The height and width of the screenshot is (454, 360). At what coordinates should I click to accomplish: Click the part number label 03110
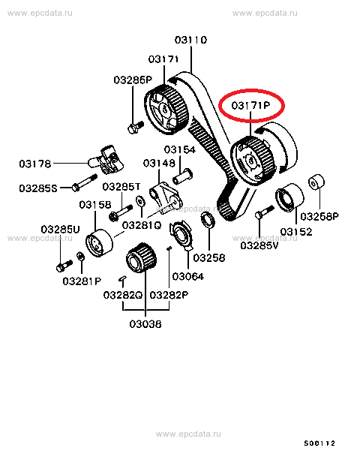tap(190, 40)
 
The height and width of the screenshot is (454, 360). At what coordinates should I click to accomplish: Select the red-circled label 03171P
tap(250, 105)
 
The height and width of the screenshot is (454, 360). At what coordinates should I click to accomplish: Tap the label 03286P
tap(133, 80)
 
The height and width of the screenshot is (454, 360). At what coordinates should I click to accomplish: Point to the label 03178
tap(35, 164)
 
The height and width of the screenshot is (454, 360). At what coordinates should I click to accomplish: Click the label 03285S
tap(38, 188)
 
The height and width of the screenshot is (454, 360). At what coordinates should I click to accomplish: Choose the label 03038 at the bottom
tap(145, 324)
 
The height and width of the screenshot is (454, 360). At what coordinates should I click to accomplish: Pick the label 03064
tap(188, 276)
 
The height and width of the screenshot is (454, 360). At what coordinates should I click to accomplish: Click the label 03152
tap(296, 232)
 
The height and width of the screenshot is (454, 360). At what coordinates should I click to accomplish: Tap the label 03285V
tap(259, 245)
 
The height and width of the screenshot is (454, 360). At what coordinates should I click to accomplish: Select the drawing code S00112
tap(319, 443)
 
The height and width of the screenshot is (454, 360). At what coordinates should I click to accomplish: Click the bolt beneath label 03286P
tap(136, 128)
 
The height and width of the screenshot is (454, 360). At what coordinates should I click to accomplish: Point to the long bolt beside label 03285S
tap(85, 182)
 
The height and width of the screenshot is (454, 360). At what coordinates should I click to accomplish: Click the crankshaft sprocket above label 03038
tap(141, 257)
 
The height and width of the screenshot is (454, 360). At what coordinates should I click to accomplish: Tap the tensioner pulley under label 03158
tap(99, 243)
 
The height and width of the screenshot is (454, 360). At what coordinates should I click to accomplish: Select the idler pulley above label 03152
tap(289, 198)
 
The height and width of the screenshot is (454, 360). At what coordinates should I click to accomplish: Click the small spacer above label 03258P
tap(316, 182)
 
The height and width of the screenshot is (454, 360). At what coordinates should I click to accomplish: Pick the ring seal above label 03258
tap(208, 219)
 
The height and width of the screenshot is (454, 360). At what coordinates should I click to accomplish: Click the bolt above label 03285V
tap(264, 212)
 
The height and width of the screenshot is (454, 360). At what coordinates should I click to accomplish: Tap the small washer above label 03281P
tap(80, 256)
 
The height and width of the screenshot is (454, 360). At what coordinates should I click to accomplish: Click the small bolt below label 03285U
tap(64, 266)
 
